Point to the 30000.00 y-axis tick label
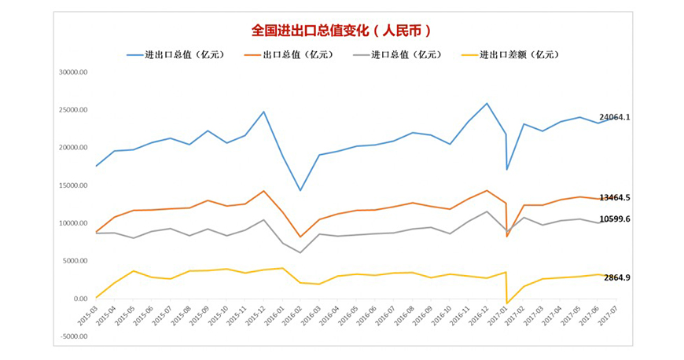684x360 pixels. pyautogui.click(x=72, y=72)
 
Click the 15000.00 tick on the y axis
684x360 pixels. pyautogui.click(x=72, y=186)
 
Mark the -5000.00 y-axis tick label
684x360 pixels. pyautogui.click(x=72, y=336)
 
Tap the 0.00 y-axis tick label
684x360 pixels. pyautogui.click(x=80, y=299)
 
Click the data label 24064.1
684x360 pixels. pyautogui.click(x=615, y=117)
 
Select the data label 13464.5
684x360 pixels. pyautogui.click(x=615, y=197)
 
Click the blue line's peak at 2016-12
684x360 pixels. pyautogui.click(x=487, y=103)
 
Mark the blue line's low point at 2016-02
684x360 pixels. pyautogui.click(x=300, y=190)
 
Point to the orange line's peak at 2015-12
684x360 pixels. pyautogui.click(x=263, y=191)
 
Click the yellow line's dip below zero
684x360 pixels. pyautogui.click(x=508, y=303)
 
